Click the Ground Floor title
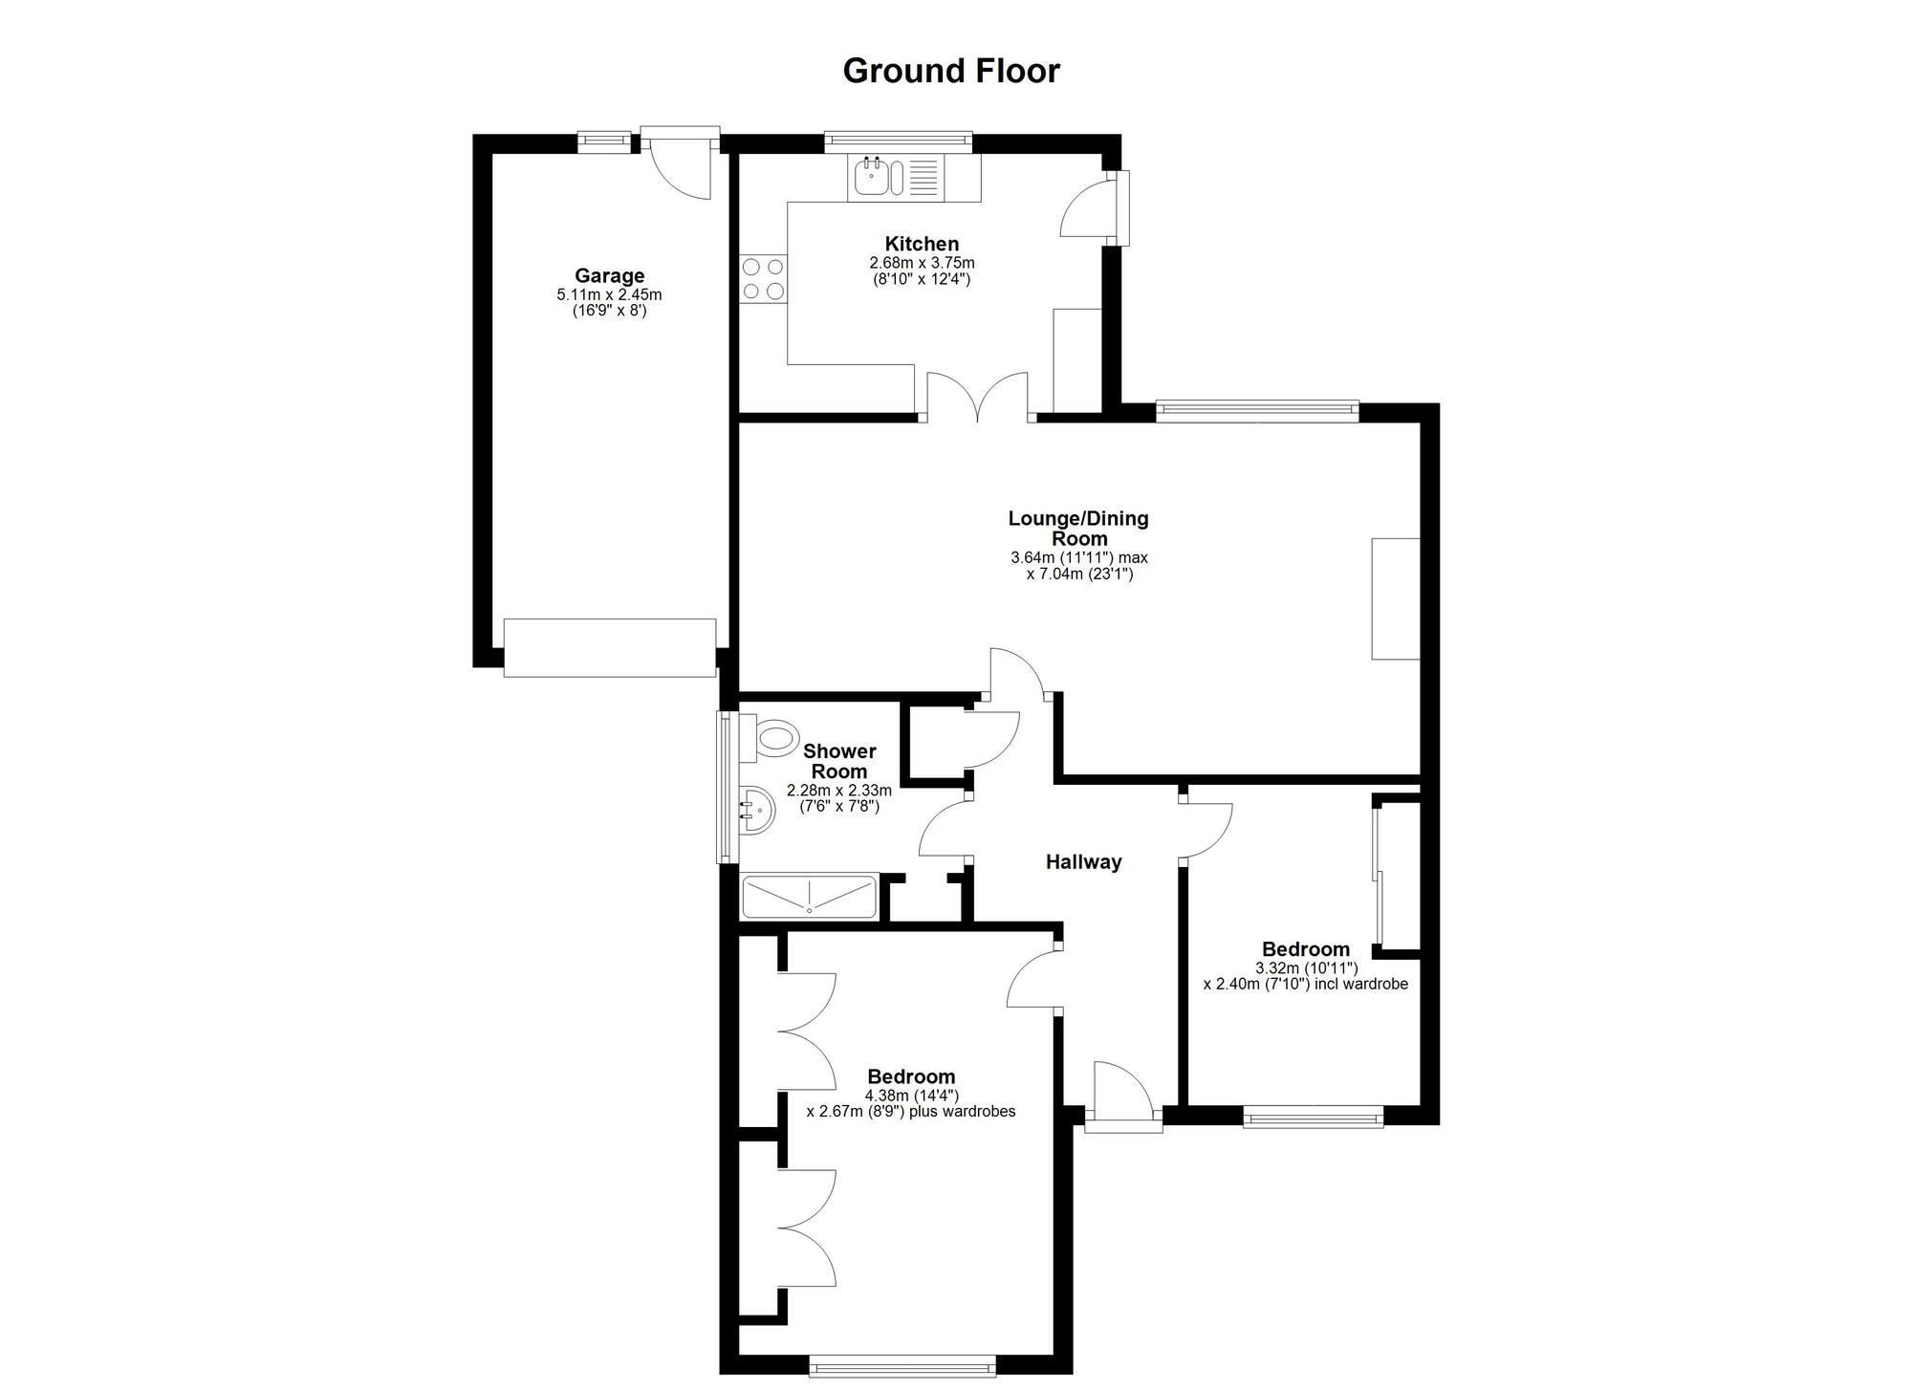[951, 71]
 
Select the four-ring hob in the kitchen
[763, 278]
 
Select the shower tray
[810, 896]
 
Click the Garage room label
[609, 277]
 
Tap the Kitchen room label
[922, 244]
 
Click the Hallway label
[1083, 862]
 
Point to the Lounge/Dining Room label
[1078, 529]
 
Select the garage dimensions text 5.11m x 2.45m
[609, 295]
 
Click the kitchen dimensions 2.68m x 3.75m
[922, 263]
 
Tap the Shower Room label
[839, 761]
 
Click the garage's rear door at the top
[680, 162]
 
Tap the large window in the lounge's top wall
[1257, 411]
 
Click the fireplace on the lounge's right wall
[1396, 598]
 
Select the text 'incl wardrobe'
[1361, 984]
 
